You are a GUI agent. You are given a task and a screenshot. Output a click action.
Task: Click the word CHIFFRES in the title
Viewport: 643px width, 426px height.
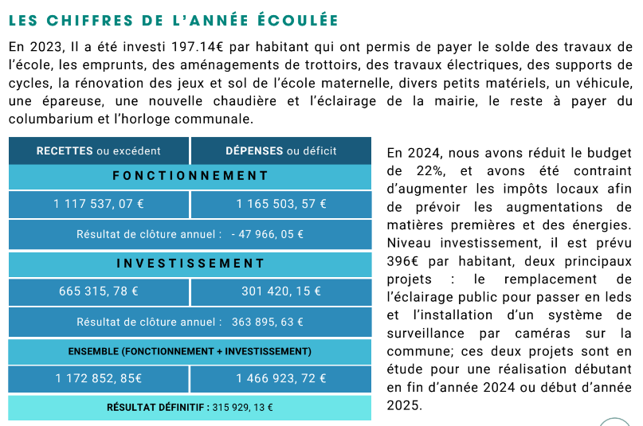90,21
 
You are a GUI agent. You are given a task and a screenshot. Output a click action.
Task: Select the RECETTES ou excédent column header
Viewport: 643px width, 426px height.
99,150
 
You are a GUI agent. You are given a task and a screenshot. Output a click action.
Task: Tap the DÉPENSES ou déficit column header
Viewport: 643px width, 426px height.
281,150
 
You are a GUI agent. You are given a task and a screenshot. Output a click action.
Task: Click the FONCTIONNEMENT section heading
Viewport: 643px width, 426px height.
190,176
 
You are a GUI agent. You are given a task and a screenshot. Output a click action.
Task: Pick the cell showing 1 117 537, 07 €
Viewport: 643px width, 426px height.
99,204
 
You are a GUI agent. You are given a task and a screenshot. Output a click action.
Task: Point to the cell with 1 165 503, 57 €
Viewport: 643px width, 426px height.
281,204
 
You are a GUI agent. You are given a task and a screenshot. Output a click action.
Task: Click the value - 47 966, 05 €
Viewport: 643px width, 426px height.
268,234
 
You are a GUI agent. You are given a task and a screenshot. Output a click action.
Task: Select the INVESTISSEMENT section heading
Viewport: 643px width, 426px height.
190,264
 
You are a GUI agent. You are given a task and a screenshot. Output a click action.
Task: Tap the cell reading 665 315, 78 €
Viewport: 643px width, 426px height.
99,291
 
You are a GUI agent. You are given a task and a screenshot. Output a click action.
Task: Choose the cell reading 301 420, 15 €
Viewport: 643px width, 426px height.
281,291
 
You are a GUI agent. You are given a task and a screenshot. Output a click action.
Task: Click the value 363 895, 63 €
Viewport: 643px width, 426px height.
268,322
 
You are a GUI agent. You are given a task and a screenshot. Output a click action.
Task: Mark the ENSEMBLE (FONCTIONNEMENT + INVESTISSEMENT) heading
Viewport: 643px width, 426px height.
190,351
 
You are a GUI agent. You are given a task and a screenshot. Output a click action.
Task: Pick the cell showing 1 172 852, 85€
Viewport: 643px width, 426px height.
99,378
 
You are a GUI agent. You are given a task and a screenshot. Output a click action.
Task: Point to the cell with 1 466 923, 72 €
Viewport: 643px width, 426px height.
281,378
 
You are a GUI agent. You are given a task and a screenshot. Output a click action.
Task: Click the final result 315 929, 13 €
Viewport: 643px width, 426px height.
243,408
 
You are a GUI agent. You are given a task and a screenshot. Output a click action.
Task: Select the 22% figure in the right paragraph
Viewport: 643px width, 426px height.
430,171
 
